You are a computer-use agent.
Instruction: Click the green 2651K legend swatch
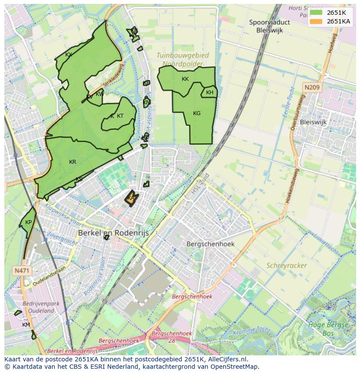tap(317, 13)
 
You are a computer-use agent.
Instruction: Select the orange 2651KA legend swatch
tap(317, 21)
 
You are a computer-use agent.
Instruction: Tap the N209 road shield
tap(312, 88)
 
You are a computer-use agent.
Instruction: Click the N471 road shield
tap(22, 271)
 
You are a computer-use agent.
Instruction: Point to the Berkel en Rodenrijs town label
tap(113, 233)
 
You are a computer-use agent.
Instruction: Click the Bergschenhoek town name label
tap(210, 244)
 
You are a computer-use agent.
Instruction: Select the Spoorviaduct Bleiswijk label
tap(270, 26)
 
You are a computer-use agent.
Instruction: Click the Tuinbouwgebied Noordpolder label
tap(183, 60)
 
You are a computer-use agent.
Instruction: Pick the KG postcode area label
tap(197, 113)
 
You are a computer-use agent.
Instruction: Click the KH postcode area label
tap(210, 93)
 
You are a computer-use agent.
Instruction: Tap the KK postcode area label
tap(185, 79)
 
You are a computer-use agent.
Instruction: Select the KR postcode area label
tap(73, 162)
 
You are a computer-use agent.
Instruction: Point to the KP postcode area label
tap(28, 222)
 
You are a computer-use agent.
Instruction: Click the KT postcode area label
tap(120, 116)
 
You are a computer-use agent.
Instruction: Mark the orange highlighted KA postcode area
tap(131, 198)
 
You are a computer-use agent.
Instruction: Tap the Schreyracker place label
tap(287, 265)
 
